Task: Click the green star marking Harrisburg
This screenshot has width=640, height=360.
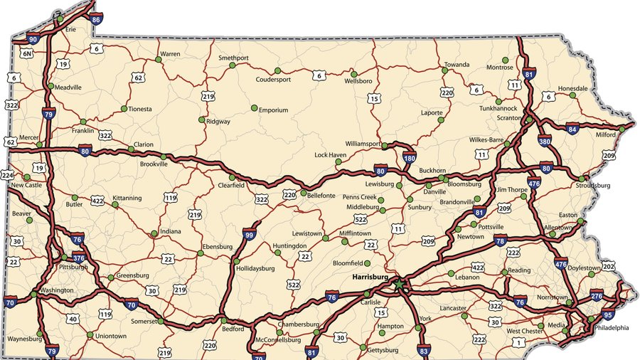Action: coord(399,284)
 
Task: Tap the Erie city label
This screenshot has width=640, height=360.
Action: coord(70,30)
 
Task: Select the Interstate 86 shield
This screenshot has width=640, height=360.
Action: coord(96,19)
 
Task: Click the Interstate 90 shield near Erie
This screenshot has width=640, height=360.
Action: coord(33,39)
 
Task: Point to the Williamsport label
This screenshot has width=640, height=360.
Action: coord(363,144)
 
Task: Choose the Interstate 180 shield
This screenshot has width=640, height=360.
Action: coord(409,158)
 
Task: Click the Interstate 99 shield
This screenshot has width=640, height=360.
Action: coord(249,234)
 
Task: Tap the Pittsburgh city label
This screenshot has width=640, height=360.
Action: coord(73,268)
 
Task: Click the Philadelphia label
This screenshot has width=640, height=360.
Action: coord(612,328)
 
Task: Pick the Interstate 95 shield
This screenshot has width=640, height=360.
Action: coord(607,314)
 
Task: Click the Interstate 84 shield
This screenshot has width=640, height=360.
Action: coord(572,129)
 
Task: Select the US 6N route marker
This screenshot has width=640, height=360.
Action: coord(26,53)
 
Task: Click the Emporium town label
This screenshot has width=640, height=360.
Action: coord(273,110)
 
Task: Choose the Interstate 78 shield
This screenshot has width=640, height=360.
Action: coord(500,241)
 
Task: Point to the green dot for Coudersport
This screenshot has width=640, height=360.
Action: coord(278,70)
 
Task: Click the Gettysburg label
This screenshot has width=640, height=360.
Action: coord(384,351)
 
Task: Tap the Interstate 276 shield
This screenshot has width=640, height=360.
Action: coord(597,295)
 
